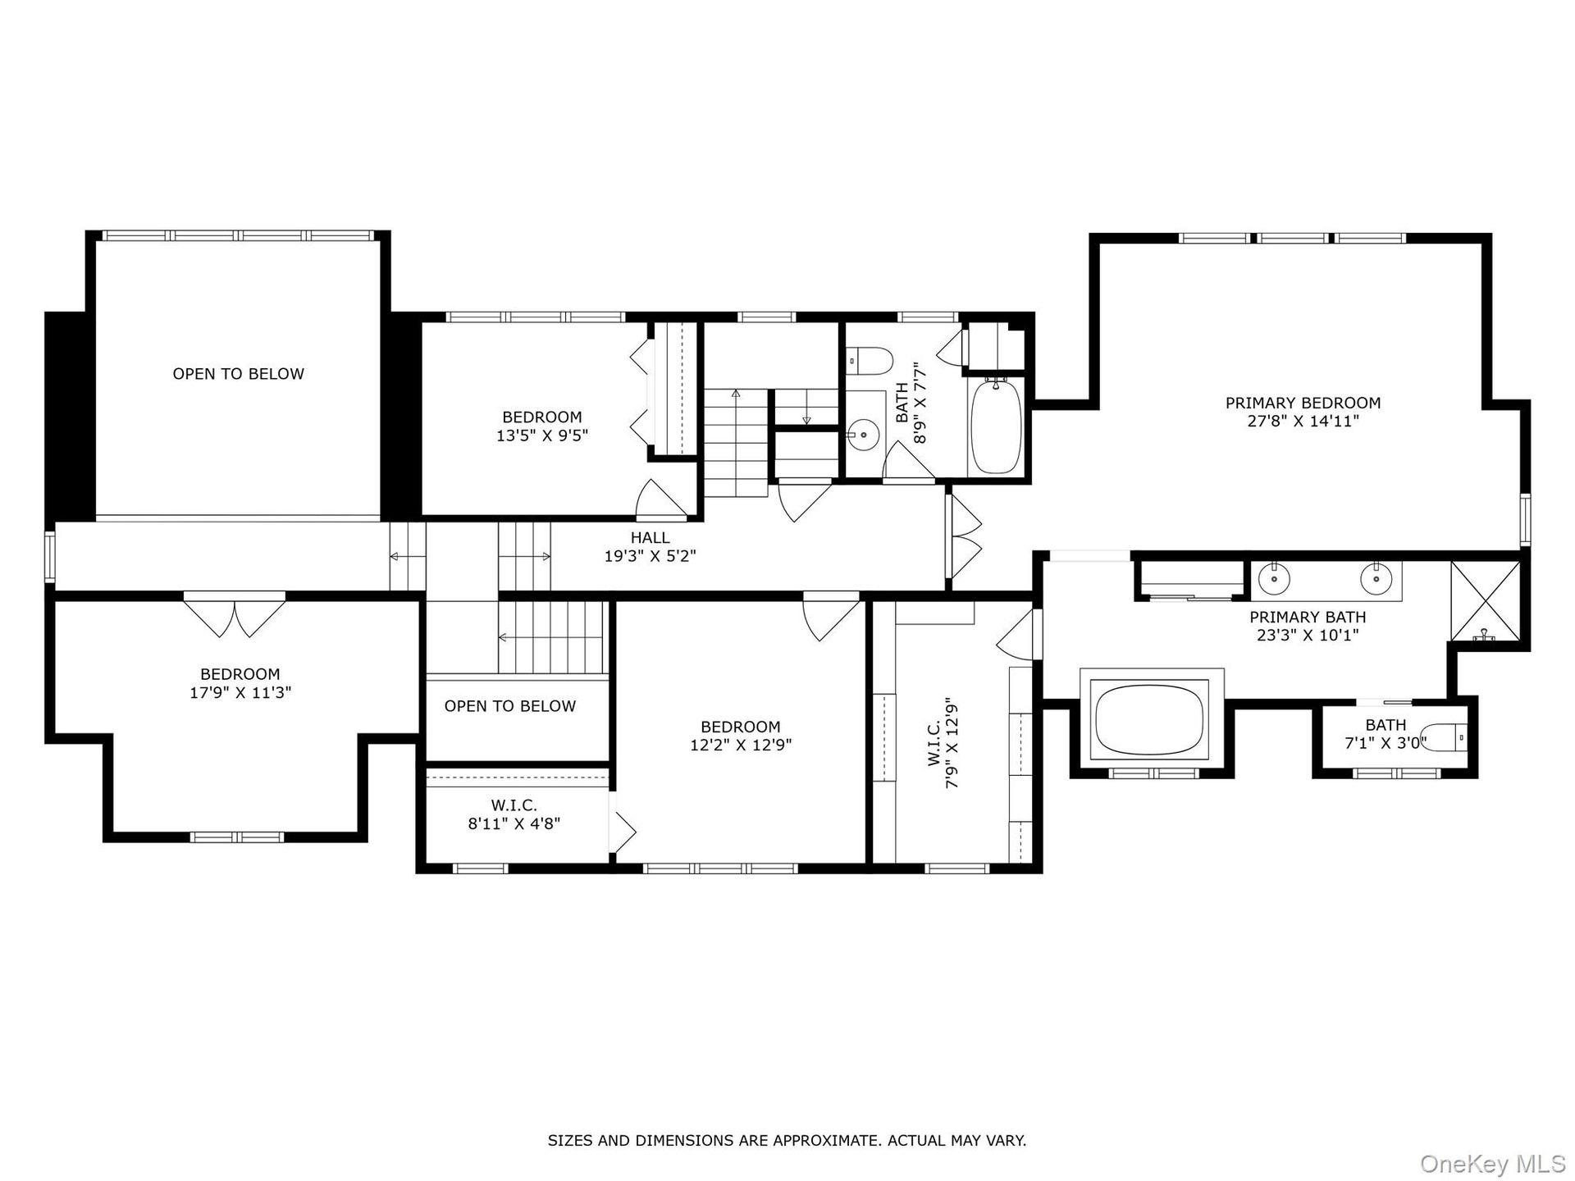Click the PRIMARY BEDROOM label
pos(1303,403)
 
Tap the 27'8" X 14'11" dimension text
pos(1303,422)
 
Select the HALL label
pos(651,538)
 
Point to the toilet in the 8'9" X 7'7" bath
pos(869,358)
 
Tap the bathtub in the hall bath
pos(996,426)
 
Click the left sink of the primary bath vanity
pos(1273,579)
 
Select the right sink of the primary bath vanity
pos(1376,579)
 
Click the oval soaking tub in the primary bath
pos(1152,719)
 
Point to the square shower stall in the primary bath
pos(1485,601)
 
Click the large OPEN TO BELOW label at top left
pos(238,374)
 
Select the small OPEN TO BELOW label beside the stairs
pos(510,706)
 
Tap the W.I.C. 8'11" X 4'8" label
pos(514,814)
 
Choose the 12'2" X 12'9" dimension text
pos(741,746)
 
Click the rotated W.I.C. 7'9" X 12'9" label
pos(943,743)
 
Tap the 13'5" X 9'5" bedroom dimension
pos(542,435)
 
